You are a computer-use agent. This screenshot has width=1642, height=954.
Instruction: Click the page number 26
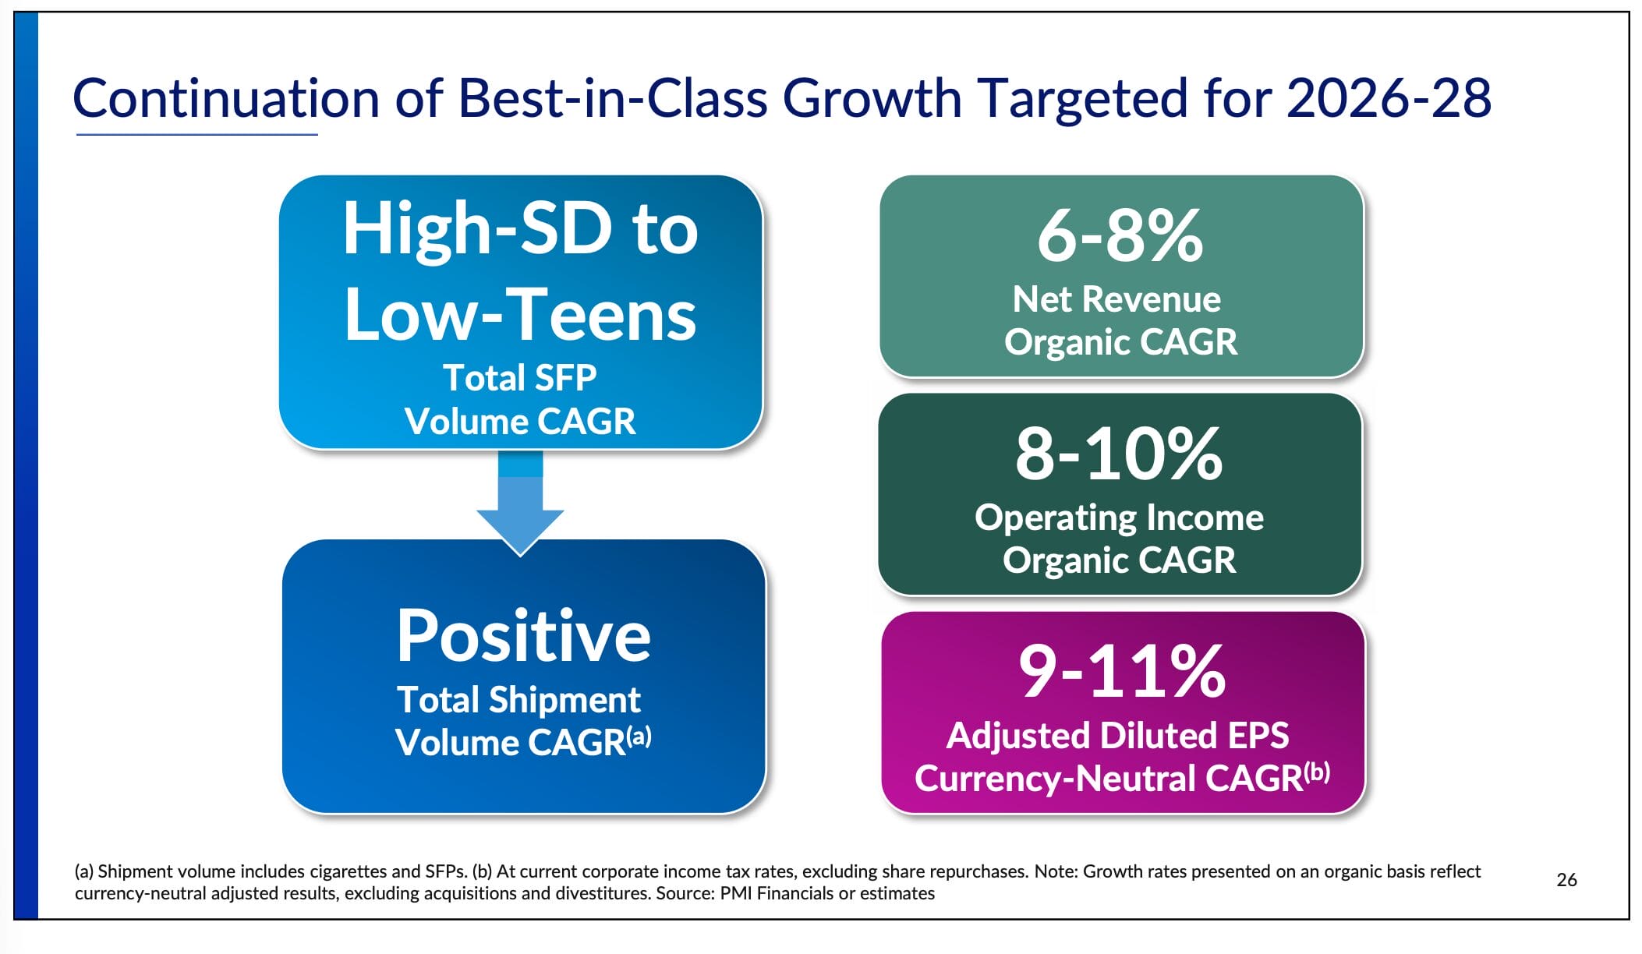tap(1566, 880)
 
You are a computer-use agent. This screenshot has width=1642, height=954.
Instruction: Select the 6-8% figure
tap(1120, 235)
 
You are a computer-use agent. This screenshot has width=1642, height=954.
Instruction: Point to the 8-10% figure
tap(1119, 454)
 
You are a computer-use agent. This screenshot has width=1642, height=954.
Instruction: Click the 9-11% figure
tap(1122, 671)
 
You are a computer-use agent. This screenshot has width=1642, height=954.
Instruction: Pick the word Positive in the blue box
tap(523, 636)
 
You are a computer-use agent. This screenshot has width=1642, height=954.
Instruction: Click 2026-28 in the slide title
tap(1388, 99)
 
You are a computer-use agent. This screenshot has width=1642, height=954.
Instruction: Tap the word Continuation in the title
tap(226, 99)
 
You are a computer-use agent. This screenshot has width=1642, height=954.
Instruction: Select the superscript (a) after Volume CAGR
tap(639, 736)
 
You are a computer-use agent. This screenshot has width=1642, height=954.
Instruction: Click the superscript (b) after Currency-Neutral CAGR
tap(1318, 772)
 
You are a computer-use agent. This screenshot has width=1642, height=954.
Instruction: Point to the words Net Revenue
tap(1116, 299)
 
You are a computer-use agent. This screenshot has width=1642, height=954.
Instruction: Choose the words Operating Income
tap(1119, 518)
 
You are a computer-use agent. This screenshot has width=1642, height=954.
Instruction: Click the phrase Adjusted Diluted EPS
tap(1117, 736)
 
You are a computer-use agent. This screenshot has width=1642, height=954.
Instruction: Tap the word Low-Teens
tap(520, 315)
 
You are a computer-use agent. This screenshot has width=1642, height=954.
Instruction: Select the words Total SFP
tap(520, 378)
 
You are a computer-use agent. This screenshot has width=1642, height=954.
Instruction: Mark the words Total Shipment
tap(518, 700)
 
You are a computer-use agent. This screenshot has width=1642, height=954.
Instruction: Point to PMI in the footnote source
tap(736, 893)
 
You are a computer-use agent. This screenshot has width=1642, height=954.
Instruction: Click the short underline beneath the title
tap(196, 135)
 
